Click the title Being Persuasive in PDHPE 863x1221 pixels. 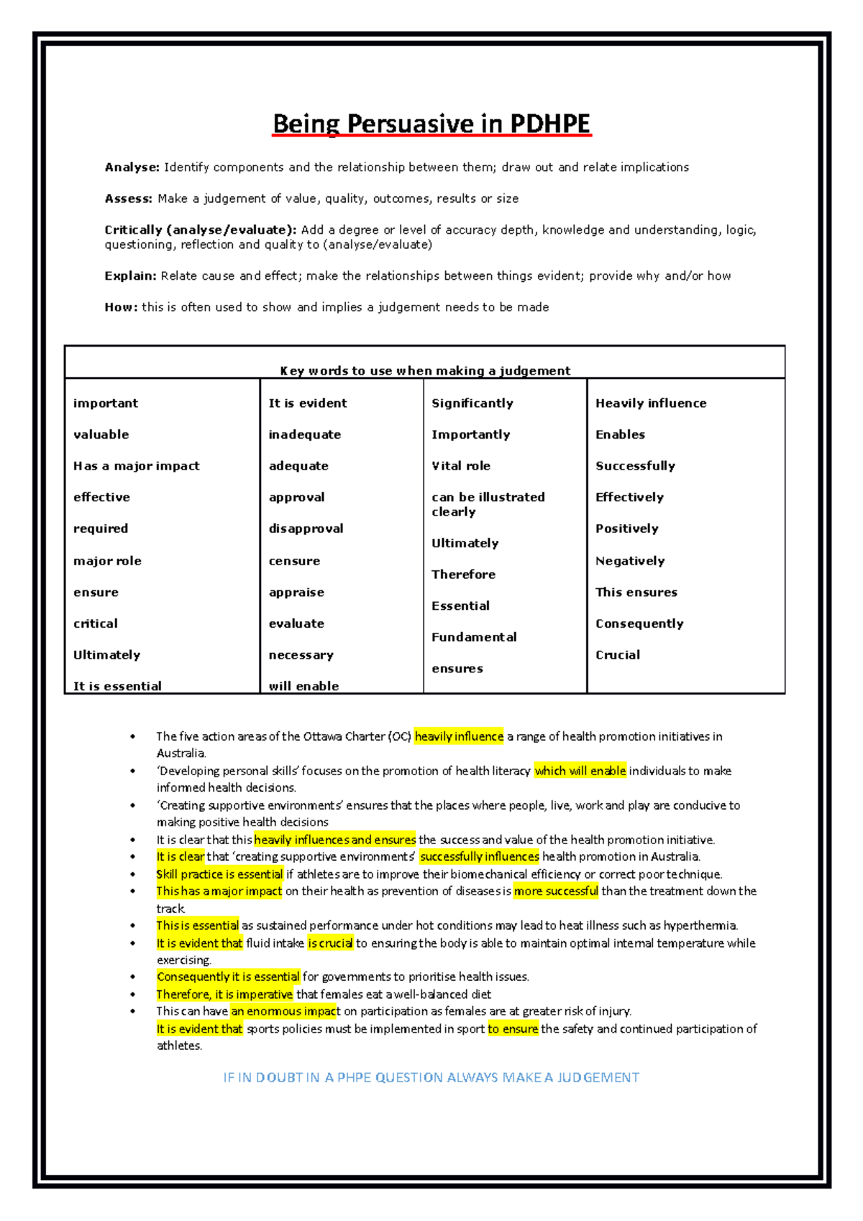coord(431,124)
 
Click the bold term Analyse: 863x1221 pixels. coord(132,168)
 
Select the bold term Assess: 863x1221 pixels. coord(128,198)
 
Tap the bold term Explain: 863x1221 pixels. coord(130,276)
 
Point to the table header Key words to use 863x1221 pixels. coord(424,371)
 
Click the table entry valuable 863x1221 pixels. coord(101,434)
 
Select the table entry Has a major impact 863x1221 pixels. coord(136,466)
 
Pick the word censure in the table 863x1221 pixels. coord(294,561)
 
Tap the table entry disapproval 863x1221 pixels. coord(306,529)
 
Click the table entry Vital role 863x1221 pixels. coord(460,466)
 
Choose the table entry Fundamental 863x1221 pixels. coord(473,637)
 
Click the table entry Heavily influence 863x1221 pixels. coord(650,403)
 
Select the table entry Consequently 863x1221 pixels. coord(639,623)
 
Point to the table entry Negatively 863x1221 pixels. coord(629,561)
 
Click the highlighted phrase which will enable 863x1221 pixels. coord(580,771)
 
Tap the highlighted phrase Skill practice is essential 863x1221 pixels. coord(219,874)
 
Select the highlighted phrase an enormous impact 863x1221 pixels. coord(285,1011)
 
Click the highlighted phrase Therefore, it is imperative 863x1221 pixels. coord(224,994)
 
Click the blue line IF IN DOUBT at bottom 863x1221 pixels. coord(431,1077)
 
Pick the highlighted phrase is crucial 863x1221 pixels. coord(330,943)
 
